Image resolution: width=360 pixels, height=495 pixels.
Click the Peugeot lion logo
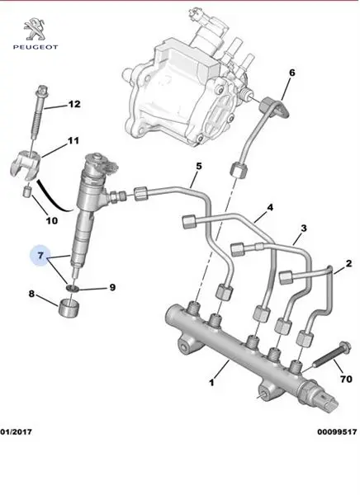point(35,29)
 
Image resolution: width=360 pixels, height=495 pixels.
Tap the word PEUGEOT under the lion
point(36,47)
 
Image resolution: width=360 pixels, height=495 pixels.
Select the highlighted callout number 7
point(40,256)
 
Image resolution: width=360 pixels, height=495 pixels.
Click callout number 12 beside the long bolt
point(74,104)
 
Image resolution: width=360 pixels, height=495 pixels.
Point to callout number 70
point(346,379)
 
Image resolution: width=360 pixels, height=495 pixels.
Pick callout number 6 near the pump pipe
point(292,73)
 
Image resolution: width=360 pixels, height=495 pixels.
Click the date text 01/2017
point(17,431)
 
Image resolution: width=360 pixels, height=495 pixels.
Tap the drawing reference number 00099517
point(337,431)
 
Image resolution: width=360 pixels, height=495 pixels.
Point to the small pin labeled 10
point(28,191)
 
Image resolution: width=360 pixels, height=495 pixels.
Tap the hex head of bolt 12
point(41,92)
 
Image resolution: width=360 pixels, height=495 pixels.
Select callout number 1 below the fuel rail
point(211,383)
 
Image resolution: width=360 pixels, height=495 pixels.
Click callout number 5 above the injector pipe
point(198,167)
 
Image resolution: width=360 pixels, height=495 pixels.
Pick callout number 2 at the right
point(348,263)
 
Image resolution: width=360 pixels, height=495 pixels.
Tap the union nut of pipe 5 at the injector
point(141,194)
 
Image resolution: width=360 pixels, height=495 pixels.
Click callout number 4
point(270,208)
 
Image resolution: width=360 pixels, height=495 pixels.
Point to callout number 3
point(304,229)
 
